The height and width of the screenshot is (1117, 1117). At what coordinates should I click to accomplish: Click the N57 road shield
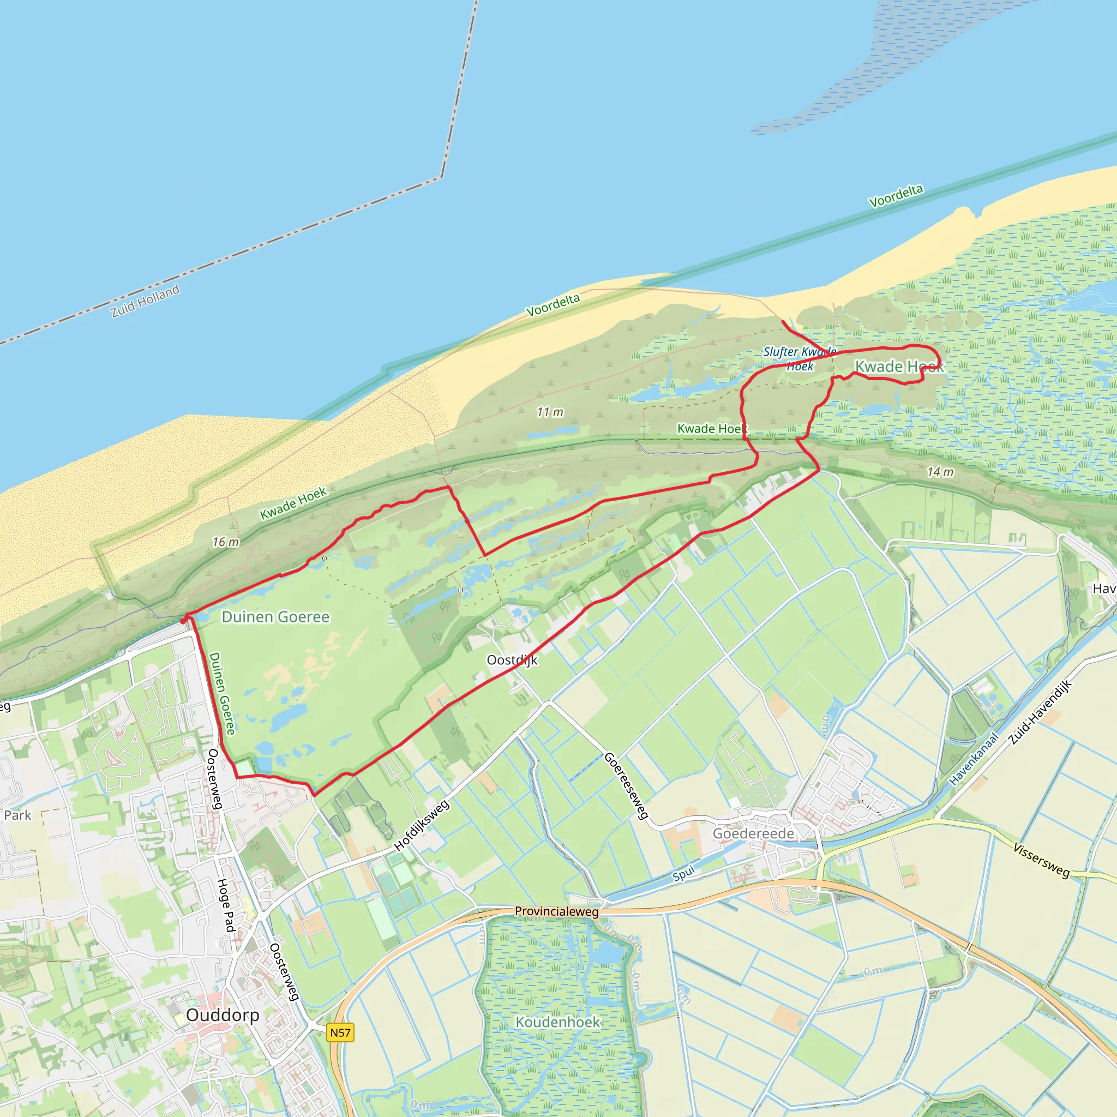340,1032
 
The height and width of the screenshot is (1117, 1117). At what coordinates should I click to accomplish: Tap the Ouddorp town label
223,1015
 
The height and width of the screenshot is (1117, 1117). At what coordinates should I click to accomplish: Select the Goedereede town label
753,833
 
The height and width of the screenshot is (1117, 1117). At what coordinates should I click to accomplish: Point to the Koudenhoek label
558,1022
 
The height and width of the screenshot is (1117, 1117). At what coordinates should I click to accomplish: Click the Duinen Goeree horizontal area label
276,617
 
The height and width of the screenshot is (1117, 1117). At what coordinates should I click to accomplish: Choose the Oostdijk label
512,660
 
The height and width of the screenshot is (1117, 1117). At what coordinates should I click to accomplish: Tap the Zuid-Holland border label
145,301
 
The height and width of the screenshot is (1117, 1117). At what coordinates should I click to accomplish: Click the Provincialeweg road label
557,911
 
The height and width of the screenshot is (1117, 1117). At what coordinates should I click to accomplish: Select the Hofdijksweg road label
422,825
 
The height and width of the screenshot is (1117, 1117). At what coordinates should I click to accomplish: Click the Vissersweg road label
1041,860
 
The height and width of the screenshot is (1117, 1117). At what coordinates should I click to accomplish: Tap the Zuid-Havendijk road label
1040,712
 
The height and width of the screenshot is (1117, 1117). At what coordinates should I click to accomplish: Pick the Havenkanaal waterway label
974,759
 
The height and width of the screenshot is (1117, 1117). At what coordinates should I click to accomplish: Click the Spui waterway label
683,875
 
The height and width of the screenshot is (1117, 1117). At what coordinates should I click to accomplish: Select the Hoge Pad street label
226,905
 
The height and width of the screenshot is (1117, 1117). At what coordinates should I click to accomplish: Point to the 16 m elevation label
225,542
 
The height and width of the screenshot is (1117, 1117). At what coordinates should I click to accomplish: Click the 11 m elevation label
550,412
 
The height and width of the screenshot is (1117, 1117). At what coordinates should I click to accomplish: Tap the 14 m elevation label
940,472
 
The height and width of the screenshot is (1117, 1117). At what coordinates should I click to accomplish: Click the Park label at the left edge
17,815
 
